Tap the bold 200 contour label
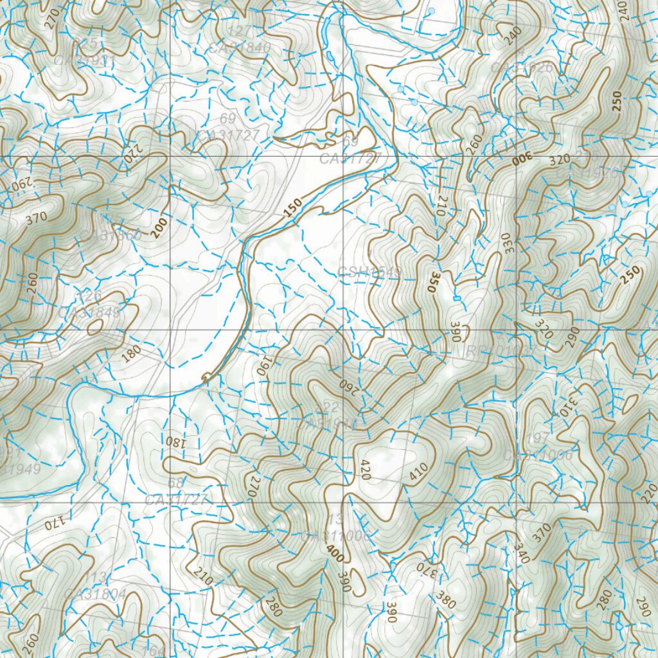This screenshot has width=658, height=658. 160,228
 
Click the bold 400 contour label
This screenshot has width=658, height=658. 334,554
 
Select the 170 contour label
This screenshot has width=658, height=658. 56,524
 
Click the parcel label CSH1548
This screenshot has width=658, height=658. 369,272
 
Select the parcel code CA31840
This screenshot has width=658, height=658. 240,48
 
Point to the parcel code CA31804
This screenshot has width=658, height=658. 95,594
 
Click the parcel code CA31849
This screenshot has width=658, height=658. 89,312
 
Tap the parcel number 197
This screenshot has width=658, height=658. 538,438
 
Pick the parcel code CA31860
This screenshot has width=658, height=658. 110,236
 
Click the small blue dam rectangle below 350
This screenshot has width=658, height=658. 456,299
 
